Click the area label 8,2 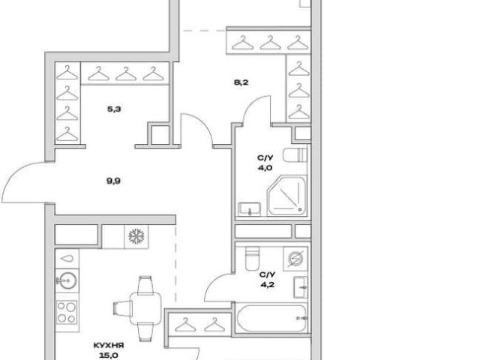pos(241,82)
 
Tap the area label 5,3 pos(114,109)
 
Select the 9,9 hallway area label pos(113,181)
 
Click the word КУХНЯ pos(109,346)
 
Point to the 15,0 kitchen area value pos(109,355)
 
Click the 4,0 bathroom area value pos(265,168)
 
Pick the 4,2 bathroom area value pos(267,285)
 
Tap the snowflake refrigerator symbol pos(136,236)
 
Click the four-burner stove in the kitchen pos(67,312)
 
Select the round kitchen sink pos(67,280)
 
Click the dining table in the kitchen pos(145,308)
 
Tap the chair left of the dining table pos(122,308)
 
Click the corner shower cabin pos(286,196)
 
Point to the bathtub pos(271,318)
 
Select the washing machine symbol pos(295,259)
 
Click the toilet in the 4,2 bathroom pos(252,259)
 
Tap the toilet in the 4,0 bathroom pos(295,155)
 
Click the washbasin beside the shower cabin pos(250,209)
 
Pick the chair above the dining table pos(145,285)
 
